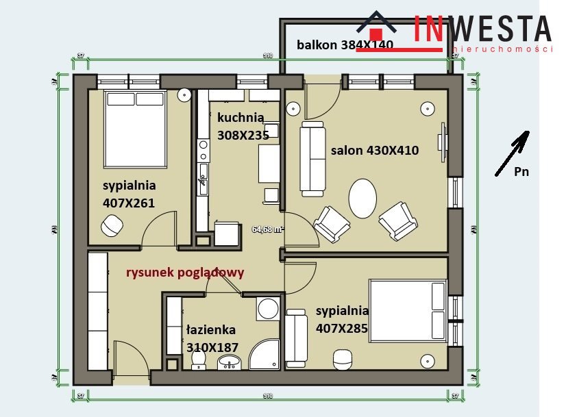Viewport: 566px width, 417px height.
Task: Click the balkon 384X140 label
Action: click(345, 45)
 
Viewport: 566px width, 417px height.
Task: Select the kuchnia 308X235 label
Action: click(243, 126)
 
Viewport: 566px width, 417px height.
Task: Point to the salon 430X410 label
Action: click(374, 150)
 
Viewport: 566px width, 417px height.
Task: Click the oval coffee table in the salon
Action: click(362, 198)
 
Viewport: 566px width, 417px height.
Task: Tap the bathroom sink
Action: click(228, 362)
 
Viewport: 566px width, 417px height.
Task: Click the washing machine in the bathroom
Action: click(267, 308)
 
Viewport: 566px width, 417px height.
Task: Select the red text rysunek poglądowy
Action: click(184, 272)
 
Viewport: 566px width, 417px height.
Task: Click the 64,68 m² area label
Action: click(268, 229)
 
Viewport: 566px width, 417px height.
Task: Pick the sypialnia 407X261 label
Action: click(129, 194)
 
